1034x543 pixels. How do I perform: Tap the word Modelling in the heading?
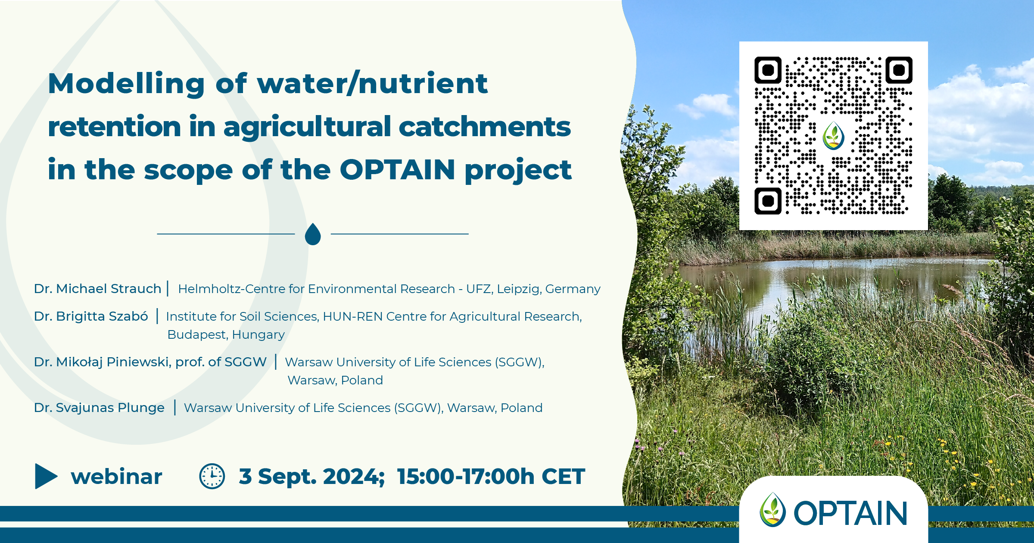point(126,84)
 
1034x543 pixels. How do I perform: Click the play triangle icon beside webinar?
point(46,476)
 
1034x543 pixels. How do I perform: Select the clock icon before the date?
point(212,476)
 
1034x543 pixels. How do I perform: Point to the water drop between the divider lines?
point(313,234)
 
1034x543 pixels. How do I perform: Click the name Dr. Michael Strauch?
point(98,289)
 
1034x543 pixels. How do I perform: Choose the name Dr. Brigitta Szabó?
point(91,316)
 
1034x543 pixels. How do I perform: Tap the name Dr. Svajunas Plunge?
point(99,408)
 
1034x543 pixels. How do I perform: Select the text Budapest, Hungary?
point(226,335)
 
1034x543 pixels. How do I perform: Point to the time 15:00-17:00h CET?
point(491,477)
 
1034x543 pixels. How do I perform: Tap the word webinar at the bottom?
point(116,477)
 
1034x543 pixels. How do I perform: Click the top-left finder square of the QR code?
point(768,70)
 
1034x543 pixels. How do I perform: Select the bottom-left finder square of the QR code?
point(768,201)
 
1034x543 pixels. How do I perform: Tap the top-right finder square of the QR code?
point(899,70)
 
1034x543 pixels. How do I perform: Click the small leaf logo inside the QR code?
point(833,136)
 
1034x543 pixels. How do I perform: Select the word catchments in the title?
point(485,127)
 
